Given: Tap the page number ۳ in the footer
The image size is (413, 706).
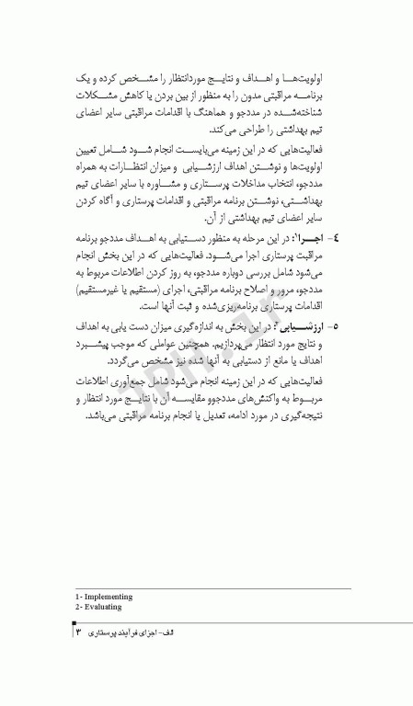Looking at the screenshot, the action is tap(79, 634).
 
